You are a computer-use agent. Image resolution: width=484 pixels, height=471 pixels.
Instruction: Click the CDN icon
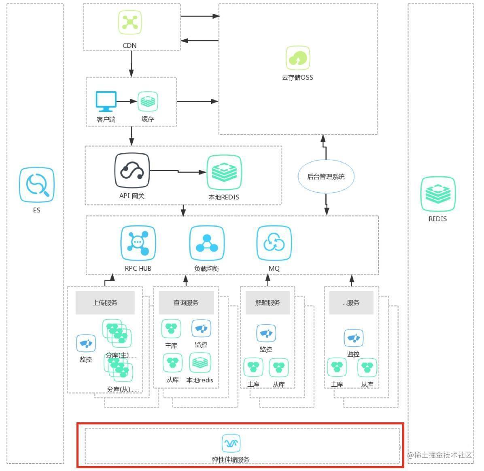129,22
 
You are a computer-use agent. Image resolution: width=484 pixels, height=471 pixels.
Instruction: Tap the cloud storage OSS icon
298,58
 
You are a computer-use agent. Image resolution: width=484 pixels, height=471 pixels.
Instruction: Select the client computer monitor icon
106,101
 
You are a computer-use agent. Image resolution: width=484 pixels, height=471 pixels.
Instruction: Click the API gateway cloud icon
132,171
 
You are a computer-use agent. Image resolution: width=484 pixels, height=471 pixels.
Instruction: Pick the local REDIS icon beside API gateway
224,173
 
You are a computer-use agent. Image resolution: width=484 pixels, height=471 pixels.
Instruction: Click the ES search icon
36,185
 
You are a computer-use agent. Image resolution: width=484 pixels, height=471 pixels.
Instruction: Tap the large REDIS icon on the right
438,194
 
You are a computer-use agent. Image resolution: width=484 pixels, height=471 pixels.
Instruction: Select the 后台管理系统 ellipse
326,177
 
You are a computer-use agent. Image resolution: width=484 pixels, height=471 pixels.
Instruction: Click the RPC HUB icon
138,243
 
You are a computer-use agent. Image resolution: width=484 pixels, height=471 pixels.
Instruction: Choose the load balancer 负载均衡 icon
207,243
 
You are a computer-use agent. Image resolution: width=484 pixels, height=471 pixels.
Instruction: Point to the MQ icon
274,243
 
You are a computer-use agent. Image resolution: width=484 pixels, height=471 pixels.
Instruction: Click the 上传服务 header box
105,302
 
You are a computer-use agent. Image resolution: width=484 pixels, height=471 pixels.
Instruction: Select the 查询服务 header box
186,302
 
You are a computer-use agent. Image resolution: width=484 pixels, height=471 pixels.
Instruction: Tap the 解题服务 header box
267,302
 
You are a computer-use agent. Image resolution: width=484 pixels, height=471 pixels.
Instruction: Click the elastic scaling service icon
231,443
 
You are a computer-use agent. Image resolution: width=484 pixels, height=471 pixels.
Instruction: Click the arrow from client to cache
127,101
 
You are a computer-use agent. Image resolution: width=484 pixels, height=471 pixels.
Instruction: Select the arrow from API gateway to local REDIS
178,171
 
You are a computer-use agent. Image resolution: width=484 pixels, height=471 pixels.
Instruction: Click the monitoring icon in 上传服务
86,344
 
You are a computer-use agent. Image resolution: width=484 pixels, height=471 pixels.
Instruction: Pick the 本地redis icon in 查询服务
200,363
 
